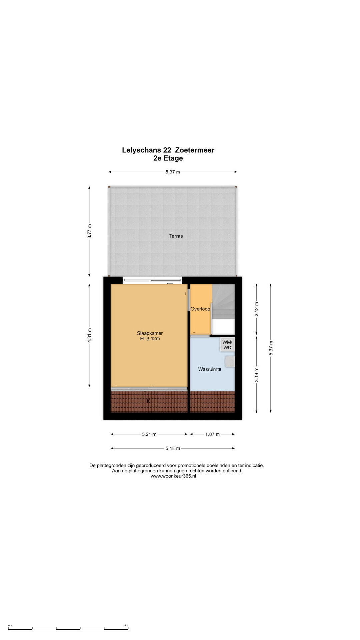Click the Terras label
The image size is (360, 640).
click(x=176, y=236)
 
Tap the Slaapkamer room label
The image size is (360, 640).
click(x=150, y=333)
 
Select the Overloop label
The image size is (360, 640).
click(x=200, y=309)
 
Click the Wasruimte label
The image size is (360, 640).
click(x=210, y=369)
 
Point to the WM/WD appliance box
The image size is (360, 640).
click(x=227, y=345)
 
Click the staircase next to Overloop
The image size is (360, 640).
click(x=223, y=302)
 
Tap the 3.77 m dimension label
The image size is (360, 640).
click(x=89, y=231)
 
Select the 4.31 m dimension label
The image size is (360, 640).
click(x=89, y=335)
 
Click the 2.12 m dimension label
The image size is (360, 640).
click(x=256, y=309)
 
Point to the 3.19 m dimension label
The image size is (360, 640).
click(x=256, y=374)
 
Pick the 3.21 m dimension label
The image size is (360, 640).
click(x=149, y=434)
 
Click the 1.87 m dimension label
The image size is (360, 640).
click(x=212, y=434)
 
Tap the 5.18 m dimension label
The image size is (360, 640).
click(x=173, y=448)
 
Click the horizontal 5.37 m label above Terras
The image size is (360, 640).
click(x=173, y=172)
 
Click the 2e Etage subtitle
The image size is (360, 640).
click(x=168, y=158)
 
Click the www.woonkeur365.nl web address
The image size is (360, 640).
click(x=173, y=476)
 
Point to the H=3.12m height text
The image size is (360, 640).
click(x=150, y=339)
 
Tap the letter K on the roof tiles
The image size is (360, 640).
click(x=148, y=401)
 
